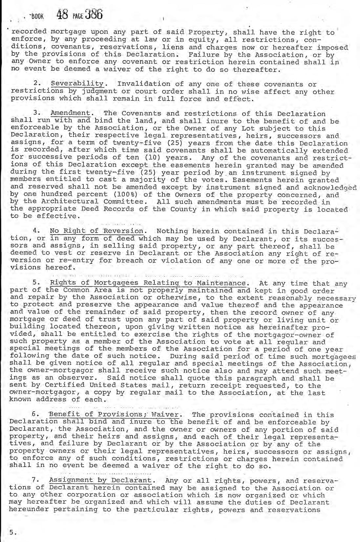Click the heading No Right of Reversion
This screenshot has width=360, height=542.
coord(97,231)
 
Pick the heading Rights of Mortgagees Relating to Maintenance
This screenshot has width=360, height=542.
coord(148,283)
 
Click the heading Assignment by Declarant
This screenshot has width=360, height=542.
coord(100,481)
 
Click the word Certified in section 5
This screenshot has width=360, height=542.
coord(53,386)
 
